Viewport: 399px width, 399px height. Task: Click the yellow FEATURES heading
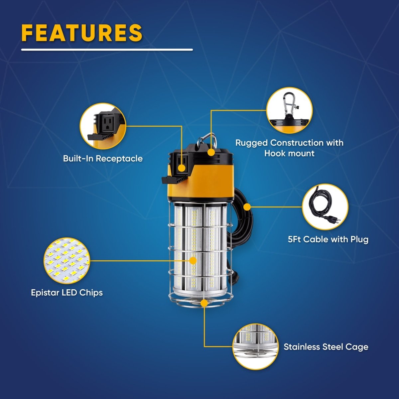coord(82,33)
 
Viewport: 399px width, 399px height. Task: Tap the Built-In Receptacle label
coord(103,159)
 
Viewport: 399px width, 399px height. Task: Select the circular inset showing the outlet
coord(103,126)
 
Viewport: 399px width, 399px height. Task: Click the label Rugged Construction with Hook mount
coord(289,148)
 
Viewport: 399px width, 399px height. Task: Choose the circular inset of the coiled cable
coord(325,207)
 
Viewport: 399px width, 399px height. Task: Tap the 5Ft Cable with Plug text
coord(328,239)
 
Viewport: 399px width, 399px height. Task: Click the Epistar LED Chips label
coord(67,293)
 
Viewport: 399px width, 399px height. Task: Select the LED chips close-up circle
coord(67,260)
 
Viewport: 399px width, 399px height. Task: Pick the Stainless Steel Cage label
coord(326,347)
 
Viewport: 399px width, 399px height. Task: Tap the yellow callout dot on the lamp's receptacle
coord(182,168)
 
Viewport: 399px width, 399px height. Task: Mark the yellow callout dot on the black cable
coord(247,206)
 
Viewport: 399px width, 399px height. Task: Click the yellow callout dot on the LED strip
coord(194,260)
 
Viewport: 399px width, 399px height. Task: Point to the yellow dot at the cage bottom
coord(204,304)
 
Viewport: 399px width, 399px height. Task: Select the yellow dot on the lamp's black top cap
coord(211,152)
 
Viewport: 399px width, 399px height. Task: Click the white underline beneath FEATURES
coord(107,50)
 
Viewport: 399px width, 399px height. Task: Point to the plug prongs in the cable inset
coord(337,222)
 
